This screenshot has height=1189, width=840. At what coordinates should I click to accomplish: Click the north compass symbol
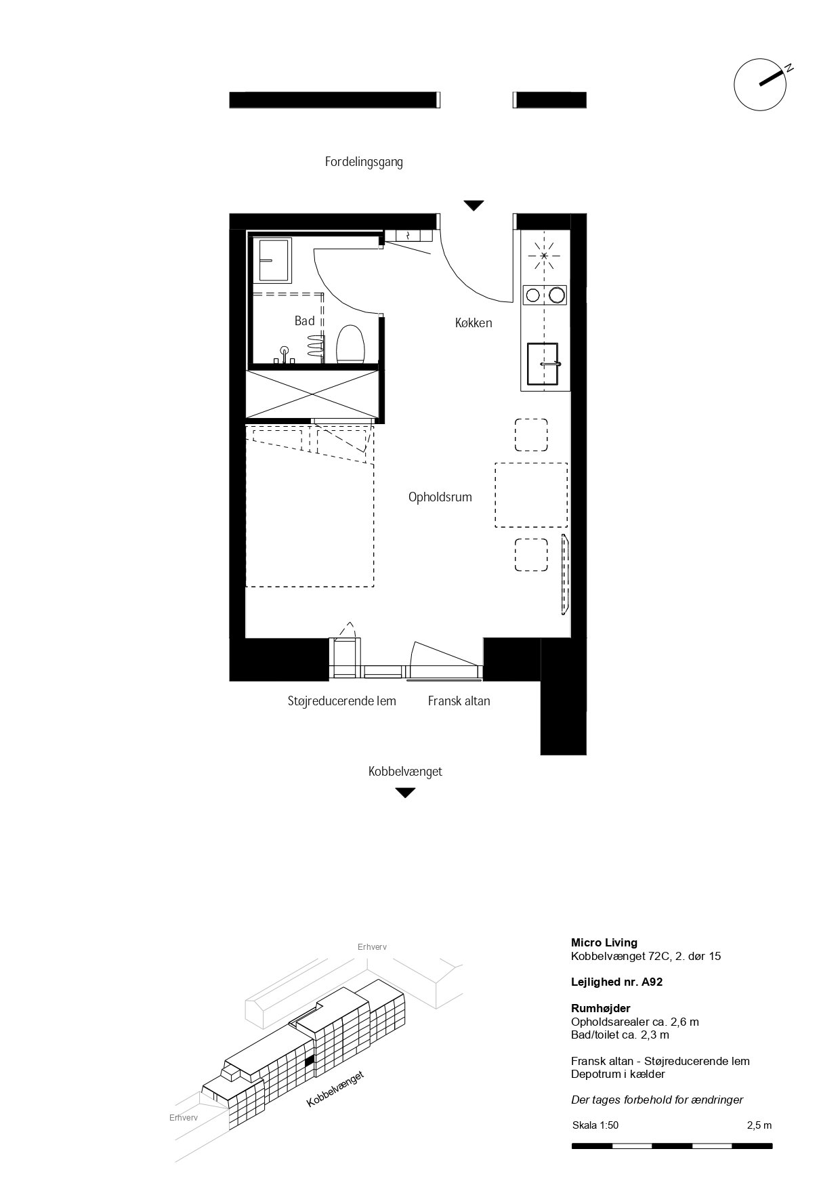click(761, 84)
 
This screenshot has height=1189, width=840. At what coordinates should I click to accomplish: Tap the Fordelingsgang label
click(364, 163)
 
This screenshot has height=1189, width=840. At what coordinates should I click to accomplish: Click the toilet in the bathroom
click(350, 344)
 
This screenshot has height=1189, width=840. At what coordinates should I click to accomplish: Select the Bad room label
click(305, 320)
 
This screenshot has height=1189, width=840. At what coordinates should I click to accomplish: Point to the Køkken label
click(474, 323)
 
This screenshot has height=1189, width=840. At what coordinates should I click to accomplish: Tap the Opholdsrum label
click(440, 497)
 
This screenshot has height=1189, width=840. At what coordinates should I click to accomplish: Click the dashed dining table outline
click(531, 495)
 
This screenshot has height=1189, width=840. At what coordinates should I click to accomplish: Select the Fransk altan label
click(459, 701)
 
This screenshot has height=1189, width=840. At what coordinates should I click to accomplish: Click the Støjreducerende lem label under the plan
click(341, 701)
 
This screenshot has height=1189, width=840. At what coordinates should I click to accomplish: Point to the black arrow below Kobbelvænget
click(405, 793)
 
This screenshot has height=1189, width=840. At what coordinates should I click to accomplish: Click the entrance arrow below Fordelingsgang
click(474, 205)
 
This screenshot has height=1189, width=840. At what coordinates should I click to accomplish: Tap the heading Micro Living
click(604, 942)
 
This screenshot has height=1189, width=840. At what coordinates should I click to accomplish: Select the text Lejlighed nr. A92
click(616, 982)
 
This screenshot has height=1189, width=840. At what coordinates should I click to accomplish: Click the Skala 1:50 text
click(595, 1125)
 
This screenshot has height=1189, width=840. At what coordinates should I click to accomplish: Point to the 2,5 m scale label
click(759, 1125)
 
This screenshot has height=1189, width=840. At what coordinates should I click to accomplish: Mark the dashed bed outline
click(309, 505)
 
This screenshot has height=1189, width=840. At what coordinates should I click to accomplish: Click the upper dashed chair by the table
click(531, 435)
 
